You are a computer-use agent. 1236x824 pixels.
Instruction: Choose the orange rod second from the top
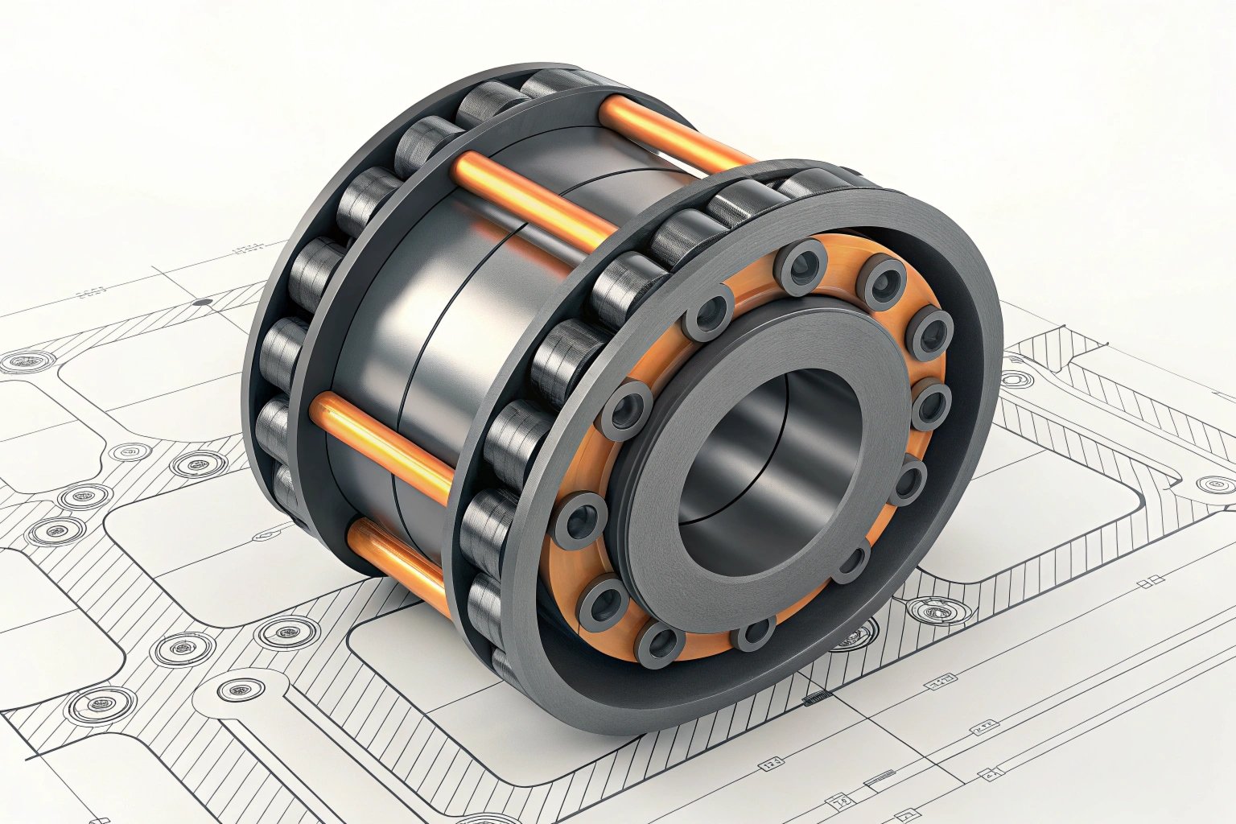coord(531,201)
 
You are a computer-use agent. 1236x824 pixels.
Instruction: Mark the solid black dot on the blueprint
coord(203,303)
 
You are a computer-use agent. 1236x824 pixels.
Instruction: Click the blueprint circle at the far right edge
coord(1214,484)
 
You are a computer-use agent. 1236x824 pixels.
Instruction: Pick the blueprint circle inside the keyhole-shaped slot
coord(241,690)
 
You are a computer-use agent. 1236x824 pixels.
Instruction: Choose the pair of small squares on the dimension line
coord(1156,580)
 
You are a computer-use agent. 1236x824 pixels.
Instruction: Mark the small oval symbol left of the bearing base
coord(266,533)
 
